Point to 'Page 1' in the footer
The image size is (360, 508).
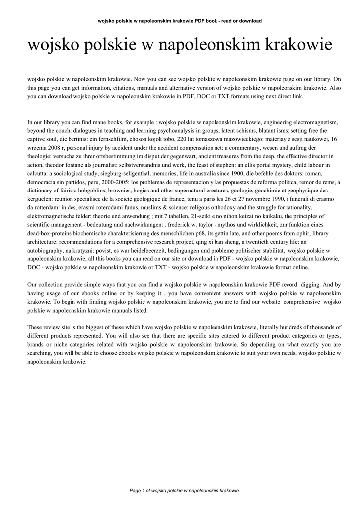pyautogui.click(x=139, y=490)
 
